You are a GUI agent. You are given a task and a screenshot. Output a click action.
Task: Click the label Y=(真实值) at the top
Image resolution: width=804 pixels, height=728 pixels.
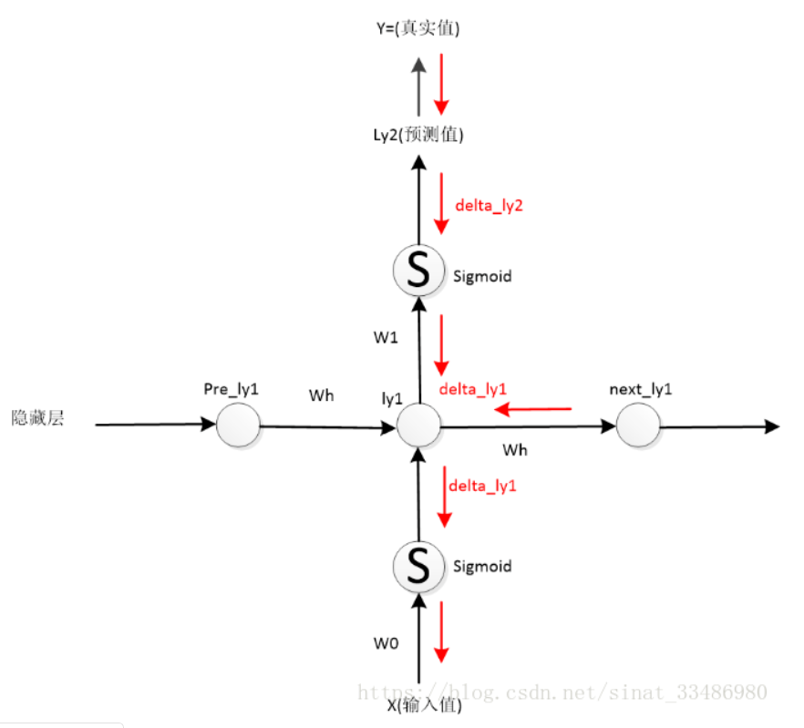coord(417,28)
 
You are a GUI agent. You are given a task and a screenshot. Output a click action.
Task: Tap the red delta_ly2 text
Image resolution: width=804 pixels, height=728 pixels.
coord(489,206)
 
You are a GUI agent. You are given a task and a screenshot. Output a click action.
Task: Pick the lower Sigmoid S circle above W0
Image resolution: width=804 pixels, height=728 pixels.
coord(417,566)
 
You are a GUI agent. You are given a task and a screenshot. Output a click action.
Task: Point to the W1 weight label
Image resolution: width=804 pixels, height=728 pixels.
coord(386,337)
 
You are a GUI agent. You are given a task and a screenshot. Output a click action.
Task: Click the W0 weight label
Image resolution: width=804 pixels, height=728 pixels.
coord(386,642)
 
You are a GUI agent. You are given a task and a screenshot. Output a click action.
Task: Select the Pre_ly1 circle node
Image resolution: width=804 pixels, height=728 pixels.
coord(238,425)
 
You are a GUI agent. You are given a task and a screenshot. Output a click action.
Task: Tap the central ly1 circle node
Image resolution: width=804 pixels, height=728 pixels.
coord(418,425)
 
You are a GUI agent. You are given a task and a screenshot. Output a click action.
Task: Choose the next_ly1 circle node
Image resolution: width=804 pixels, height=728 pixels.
coord(637,425)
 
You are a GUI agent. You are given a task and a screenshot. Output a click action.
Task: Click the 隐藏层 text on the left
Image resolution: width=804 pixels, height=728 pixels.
coord(37,419)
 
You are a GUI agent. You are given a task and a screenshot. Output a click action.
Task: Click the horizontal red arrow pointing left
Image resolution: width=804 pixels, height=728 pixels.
coord(532,410)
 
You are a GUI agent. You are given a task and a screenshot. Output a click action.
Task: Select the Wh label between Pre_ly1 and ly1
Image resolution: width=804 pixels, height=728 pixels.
coord(321,396)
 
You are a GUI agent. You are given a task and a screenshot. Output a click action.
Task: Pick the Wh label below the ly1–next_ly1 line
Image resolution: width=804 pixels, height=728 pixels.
coord(515,449)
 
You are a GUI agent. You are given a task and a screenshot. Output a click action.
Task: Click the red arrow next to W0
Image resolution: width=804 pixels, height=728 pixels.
coord(442,631)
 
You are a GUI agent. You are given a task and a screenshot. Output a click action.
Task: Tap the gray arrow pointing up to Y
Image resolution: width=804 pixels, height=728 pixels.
coord(417,82)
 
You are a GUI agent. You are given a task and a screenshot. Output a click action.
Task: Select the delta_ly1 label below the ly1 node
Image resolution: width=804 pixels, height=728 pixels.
coord(482,486)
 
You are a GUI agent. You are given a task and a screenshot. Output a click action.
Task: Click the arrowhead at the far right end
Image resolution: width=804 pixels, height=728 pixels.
coord(771,426)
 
